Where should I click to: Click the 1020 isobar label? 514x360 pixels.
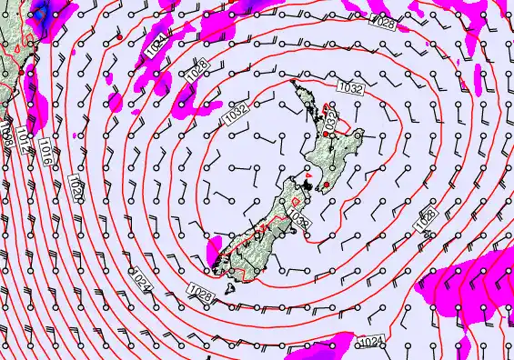tap(77, 192)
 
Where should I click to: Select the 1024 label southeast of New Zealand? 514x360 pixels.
tap(369, 342)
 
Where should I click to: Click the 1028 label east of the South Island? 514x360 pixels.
tap(424, 218)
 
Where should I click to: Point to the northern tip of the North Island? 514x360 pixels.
tap(293, 83)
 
